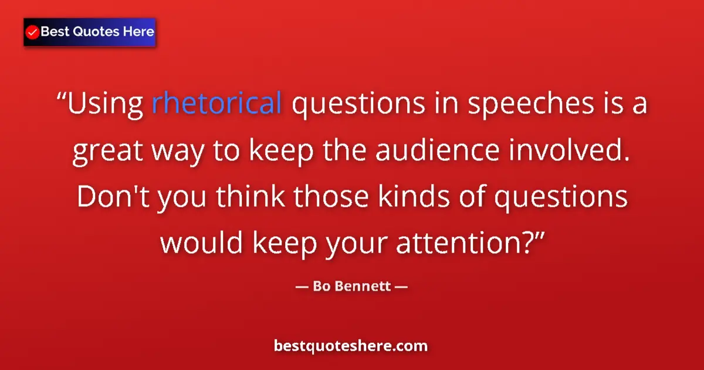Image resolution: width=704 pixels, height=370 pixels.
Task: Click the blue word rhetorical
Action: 217,105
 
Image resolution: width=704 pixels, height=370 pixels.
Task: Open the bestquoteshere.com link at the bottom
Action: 351,346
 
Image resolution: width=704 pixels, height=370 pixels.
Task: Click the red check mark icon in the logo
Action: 33,32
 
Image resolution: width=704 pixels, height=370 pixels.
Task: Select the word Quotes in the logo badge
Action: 92,32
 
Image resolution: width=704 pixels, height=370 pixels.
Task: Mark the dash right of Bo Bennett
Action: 400,288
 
